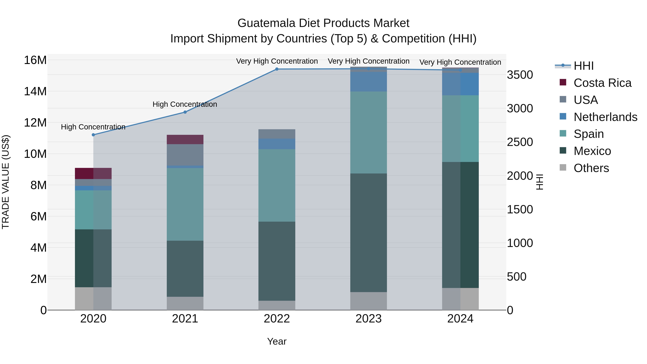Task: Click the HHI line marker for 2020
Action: click(93, 135)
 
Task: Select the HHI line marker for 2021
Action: click(185, 112)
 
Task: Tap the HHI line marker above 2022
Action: click(277, 69)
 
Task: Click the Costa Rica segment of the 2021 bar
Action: click(185, 139)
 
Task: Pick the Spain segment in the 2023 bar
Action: click(368, 132)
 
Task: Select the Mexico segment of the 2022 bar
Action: click(277, 261)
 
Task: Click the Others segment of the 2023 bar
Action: click(368, 301)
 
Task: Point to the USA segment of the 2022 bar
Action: click(277, 134)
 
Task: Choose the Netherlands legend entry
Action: click(605, 117)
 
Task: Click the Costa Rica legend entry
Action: click(602, 83)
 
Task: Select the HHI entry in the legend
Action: click(583, 66)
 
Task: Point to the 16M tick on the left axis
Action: click(35, 60)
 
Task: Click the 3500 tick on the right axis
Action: click(520, 75)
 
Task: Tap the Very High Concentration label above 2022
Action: click(277, 61)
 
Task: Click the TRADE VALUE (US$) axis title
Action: click(6, 182)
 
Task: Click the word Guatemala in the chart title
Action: click(266, 23)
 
